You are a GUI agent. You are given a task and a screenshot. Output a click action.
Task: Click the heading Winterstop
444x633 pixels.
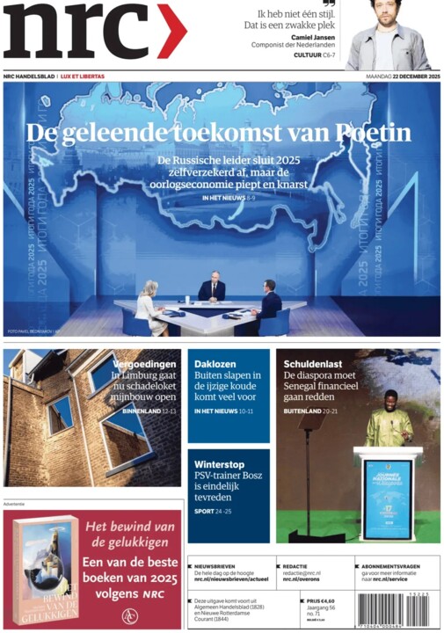(x=219, y=464)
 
